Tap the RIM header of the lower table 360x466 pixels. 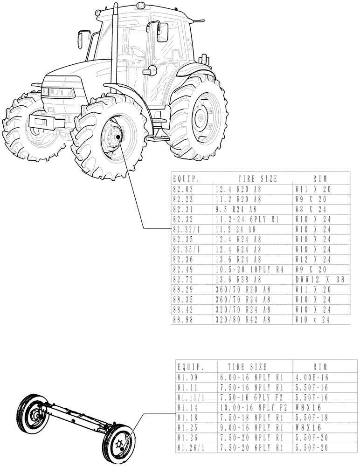[x=319, y=366]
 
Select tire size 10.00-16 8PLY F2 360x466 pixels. [x=249, y=407]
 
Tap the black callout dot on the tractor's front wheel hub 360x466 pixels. [x=118, y=137]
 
